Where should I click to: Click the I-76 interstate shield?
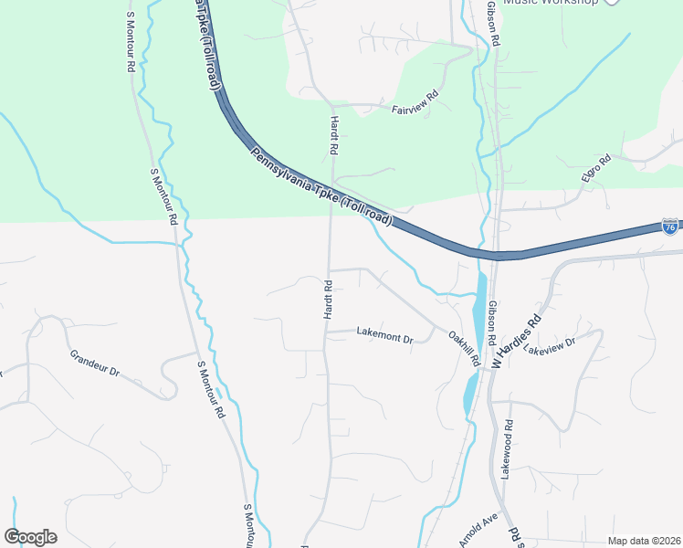[670, 226]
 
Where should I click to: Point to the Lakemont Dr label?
[384, 337]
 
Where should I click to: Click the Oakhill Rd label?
[464, 348]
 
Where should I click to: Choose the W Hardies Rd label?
[517, 342]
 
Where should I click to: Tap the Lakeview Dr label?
[550, 346]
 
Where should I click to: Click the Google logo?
[30, 537]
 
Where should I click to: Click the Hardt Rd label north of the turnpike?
[334, 134]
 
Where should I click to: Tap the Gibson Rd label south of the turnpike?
[492, 321]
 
